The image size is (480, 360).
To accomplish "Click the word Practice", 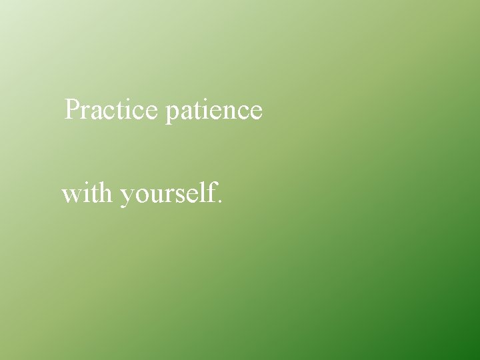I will click(110, 109).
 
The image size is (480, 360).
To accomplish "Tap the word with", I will click(88, 194).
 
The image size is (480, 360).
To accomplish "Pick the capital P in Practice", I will click(72, 109).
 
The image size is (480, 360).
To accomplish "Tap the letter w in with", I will click(70, 196).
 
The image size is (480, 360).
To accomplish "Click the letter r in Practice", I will click(85, 111).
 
